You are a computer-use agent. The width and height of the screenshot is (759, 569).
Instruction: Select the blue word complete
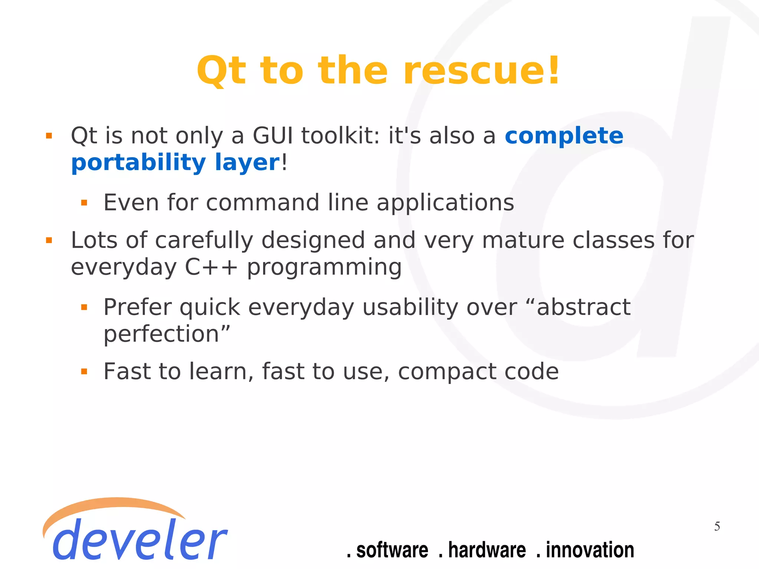tap(564, 136)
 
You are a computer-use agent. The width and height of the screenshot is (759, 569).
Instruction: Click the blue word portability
tap(138, 163)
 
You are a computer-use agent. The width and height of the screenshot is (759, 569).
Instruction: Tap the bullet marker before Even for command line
tap(84, 203)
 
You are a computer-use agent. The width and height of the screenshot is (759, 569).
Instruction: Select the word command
tap(262, 203)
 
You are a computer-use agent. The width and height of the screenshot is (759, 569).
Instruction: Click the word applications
tap(445, 203)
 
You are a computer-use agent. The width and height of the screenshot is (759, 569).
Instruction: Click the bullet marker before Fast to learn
tap(84, 371)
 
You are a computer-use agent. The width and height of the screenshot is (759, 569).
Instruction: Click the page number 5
tap(717, 526)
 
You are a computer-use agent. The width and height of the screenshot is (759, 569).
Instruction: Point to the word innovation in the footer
tap(589, 550)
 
